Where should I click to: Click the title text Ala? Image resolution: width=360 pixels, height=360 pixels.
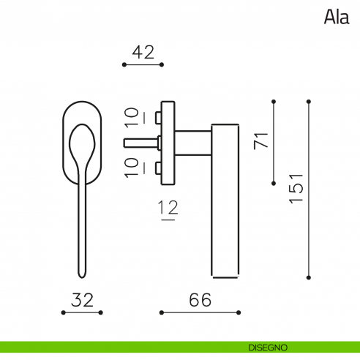(337, 17)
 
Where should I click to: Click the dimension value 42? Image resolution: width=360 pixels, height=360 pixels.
(143, 52)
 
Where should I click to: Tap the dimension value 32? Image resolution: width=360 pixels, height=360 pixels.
(82, 300)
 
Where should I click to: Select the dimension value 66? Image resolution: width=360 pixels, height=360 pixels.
(200, 300)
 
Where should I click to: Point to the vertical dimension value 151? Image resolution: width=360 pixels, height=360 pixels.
(296, 189)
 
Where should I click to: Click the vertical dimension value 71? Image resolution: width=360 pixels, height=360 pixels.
(260, 141)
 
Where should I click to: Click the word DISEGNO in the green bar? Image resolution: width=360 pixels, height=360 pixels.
(268, 348)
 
